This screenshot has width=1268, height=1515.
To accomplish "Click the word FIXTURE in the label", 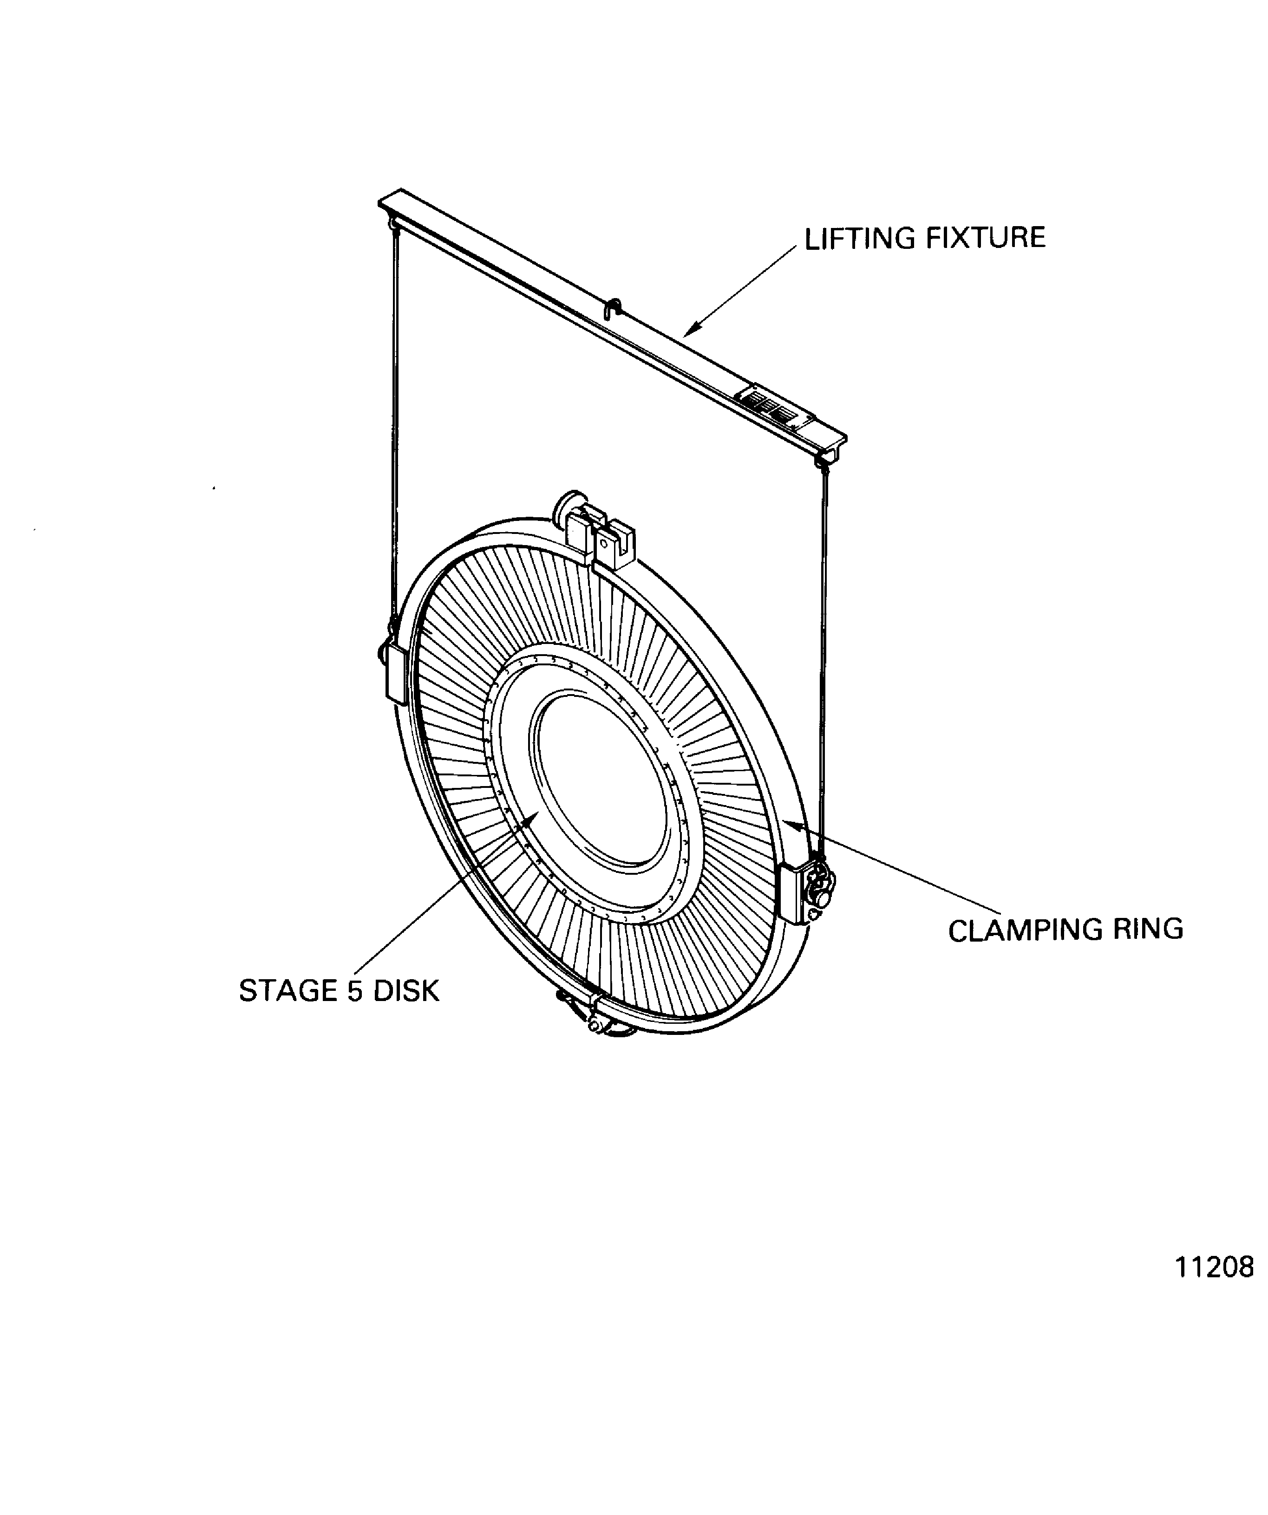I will (985, 239).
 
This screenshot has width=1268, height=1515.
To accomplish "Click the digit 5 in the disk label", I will (355, 991).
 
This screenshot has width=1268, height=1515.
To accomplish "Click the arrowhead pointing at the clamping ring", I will (792, 822).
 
